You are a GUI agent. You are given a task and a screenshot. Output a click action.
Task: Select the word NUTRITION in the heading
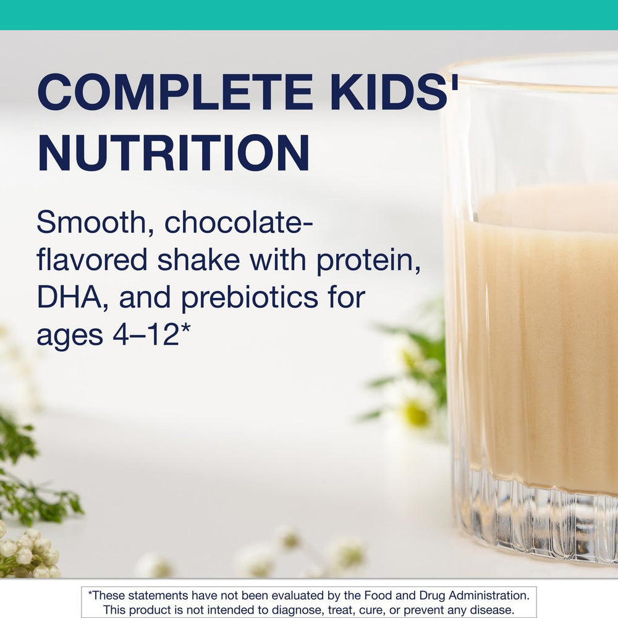[173, 153]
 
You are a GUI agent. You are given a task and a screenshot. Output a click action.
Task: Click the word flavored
[92, 260]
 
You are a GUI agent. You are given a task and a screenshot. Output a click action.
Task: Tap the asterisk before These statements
[90, 595]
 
